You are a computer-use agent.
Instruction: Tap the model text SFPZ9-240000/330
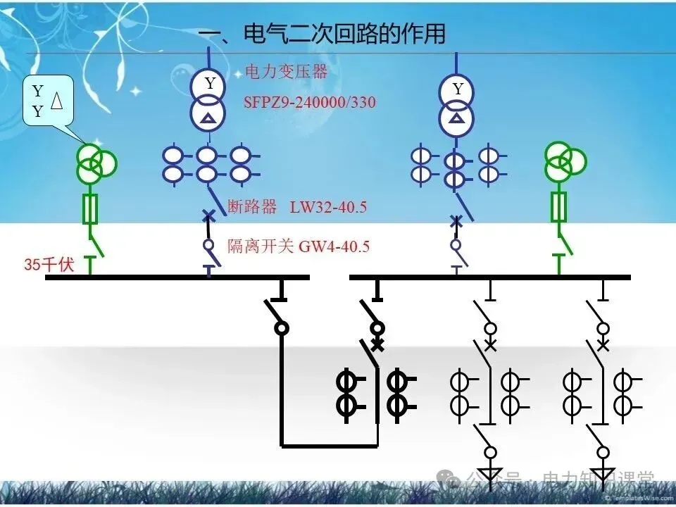click(310, 102)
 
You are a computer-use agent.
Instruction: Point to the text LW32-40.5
click(328, 207)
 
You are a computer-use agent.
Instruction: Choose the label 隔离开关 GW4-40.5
click(299, 246)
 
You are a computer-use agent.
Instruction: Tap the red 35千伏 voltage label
click(49, 265)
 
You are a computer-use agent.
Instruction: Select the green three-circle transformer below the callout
click(96, 163)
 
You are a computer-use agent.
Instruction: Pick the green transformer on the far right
click(565, 163)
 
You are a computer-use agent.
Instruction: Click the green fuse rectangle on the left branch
click(90, 209)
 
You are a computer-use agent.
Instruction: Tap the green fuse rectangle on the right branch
click(559, 208)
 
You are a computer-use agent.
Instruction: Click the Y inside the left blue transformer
click(209, 84)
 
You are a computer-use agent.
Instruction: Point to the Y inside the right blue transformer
click(458, 89)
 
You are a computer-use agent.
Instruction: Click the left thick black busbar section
click(177, 277)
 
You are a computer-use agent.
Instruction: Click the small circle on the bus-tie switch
click(281, 327)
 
